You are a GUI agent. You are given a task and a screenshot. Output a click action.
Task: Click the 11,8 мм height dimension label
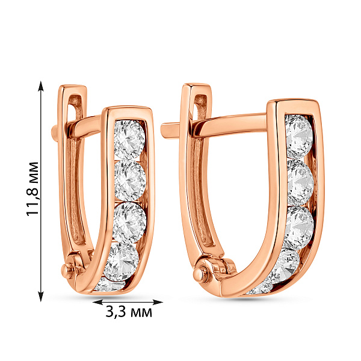32,189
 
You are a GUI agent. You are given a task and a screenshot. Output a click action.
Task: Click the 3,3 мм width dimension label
129,312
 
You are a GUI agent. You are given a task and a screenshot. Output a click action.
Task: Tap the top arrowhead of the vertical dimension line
41,86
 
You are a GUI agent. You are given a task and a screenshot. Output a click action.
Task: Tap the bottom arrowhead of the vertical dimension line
41,296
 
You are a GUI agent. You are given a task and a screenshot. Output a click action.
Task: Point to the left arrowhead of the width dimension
97,302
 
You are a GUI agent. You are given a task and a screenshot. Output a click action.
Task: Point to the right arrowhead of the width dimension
158,302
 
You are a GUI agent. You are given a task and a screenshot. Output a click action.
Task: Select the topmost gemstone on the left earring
129,140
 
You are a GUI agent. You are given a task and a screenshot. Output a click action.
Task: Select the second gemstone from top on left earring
131,180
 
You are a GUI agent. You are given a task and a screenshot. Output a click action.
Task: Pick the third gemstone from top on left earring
129,223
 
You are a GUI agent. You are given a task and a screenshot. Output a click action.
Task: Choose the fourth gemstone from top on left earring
122,262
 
